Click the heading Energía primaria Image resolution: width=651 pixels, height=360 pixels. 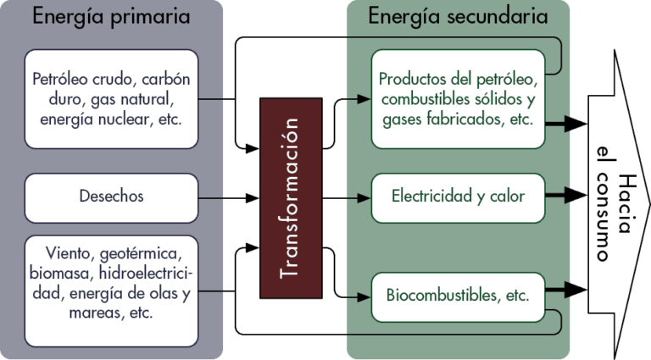111,16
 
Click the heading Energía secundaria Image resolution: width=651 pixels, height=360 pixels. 458,16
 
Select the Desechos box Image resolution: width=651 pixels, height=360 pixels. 111,197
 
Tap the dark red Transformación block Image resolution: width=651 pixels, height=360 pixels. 291,198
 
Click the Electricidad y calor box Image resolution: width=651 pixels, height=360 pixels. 458,197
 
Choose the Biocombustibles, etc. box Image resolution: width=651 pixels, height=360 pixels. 458,296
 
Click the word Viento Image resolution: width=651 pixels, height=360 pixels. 68,254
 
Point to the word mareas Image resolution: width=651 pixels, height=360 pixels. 91,313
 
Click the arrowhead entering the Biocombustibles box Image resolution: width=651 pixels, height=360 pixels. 365,297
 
